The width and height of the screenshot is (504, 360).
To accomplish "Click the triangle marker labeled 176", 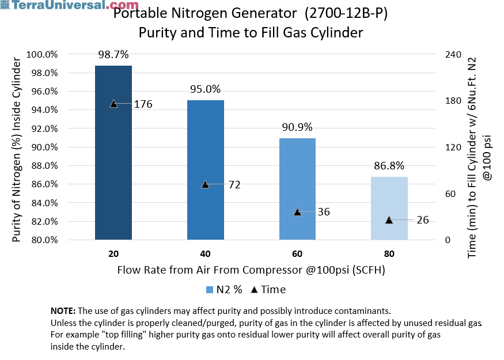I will click(113, 104).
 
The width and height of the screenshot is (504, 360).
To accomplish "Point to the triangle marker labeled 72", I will click(206, 184).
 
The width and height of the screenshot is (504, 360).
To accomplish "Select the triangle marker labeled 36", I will click(298, 212).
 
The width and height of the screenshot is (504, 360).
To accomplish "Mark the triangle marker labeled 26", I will click(389, 220).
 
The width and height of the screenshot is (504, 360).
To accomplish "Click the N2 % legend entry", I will click(225, 290).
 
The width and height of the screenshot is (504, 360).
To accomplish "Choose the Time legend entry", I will click(269, 290).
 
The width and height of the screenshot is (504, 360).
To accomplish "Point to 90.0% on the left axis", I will click(44, 147).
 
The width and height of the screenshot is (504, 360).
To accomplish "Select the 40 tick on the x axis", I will click(206, 254).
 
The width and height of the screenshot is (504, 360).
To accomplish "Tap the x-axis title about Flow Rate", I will click(251, 270).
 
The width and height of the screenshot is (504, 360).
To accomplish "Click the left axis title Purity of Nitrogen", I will click(17, 147).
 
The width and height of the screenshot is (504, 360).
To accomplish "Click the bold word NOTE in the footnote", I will click(63, 310).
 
